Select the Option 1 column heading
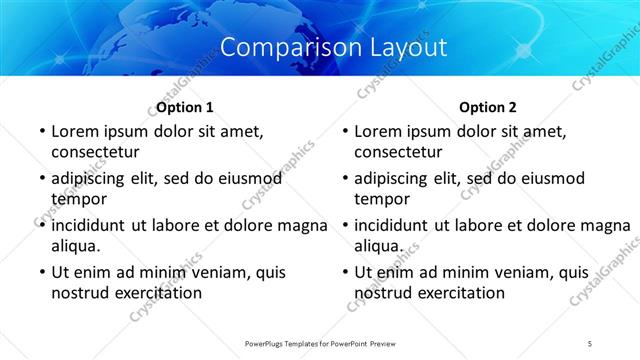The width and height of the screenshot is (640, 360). [x=185, y=107]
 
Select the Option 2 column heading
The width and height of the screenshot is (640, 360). [x=488, y=107]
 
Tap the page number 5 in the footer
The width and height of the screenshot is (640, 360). [x=590, y=343]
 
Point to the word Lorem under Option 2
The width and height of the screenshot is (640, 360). [x=377, y=131]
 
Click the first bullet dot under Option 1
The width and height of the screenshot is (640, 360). [x=41, y=132]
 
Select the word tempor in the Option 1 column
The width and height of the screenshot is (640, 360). [x=76, y=199]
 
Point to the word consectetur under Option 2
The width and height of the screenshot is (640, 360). [x=398, y=152]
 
